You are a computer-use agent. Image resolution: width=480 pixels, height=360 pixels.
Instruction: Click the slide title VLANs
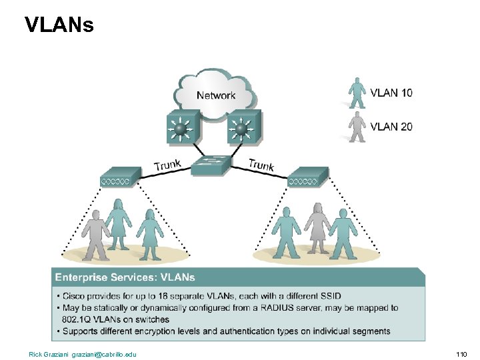59,25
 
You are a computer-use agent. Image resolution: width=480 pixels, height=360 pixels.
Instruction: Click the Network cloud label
215,95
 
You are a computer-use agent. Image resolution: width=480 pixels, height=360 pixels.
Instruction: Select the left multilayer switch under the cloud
180,127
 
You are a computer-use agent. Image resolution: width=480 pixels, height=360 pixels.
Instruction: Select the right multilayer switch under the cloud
243,127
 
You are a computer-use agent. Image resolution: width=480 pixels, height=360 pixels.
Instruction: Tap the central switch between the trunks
211,164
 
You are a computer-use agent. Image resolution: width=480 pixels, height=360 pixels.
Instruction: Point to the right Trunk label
261,163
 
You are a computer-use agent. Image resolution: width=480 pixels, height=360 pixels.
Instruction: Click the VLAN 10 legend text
391,93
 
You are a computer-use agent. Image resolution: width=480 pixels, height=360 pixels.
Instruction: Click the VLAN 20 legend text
391,126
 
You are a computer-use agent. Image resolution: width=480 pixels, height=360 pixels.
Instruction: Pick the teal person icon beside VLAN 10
358,93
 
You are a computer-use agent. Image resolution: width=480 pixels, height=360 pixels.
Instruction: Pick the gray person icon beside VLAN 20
358,126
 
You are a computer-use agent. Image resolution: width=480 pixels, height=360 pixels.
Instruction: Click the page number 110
461,353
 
